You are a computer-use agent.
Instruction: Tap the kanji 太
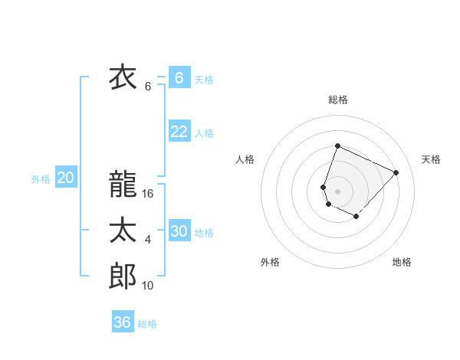pyautogui.click(x=123, y=231)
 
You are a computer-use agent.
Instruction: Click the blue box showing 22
pyautogui.click(x=179, y=132)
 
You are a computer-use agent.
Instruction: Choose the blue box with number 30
pyautogui.click(x=179, y=231)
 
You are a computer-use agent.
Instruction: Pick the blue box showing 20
pyautogui.click(x=65, y=178)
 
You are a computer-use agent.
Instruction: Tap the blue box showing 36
pyautogui.click(x=122, y=322)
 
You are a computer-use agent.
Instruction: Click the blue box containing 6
pyautogui.click(x=179, y=77)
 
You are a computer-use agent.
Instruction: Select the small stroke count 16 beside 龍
pyautogui.click(x=149, y=194)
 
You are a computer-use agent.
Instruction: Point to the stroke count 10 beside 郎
pyautogui.click(x=149, y=286)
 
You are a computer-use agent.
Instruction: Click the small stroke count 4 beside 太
pyautogui.click(x=148, y=240)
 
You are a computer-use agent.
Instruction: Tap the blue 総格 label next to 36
pyautogui.click(x=147, y=324)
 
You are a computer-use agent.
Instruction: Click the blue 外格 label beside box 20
pyautogui.click(x=41, y=179)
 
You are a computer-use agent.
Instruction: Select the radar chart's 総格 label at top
pyautogui.click(x=337, y=100)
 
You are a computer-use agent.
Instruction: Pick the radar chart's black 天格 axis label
pyautogui.click(x=432, y=159)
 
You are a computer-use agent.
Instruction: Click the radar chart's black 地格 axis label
pyautogui.click(x=402, y=262)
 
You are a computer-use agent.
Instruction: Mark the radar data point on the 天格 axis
pyautogui.click(x=396, y=172)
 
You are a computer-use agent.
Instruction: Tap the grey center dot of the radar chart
pyautogui.click(x=337, y=191)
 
